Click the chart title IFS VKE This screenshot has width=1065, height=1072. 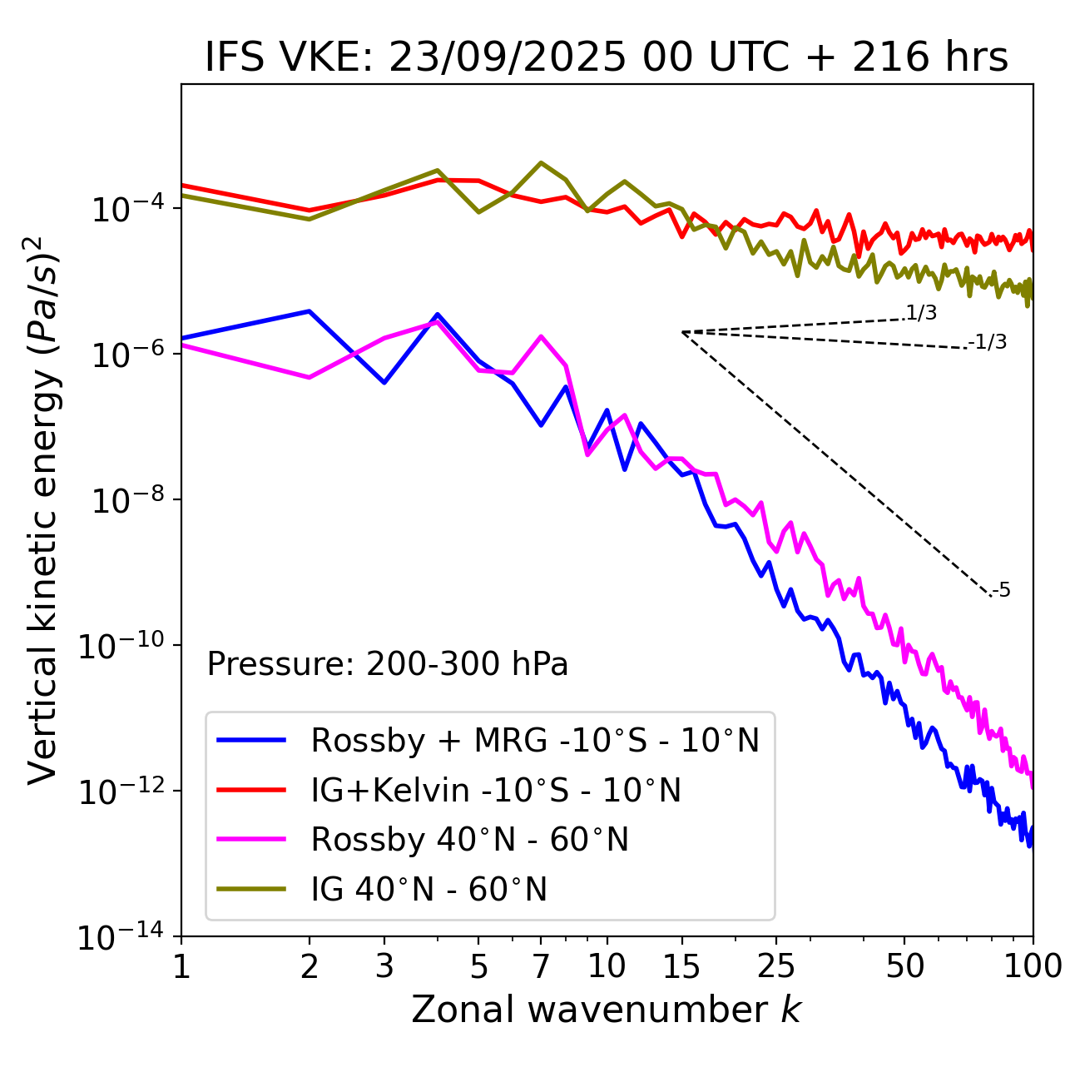(606, 58)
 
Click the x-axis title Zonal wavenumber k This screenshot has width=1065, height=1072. (606, 1010)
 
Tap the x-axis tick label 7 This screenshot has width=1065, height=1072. (541, 966)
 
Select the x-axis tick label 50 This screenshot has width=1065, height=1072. (904, 966)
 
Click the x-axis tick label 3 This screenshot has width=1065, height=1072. (384, 966)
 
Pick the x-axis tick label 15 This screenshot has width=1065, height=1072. (681, 966)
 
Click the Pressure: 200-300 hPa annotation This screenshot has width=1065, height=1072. (387, 664)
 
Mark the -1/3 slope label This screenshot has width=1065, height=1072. (988, 342)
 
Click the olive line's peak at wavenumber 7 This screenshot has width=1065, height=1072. (541, 163)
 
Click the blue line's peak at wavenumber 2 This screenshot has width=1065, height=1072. (310, 311)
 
